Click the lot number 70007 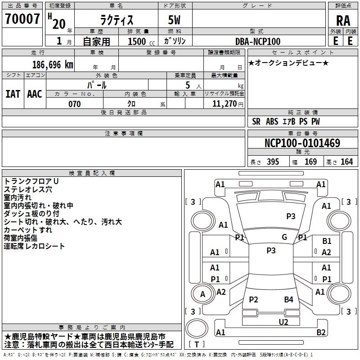point(22,19)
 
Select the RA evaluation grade point(343,21)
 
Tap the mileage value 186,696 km point(53,65)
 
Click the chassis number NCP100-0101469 point(302,143)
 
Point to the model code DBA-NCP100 point(258,41)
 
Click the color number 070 point(75,104)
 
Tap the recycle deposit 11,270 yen point(228,104)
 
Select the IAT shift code point(13,94)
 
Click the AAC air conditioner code point(35,94)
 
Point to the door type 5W point(174,20)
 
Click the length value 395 point(273,162)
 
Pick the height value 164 point(346,162)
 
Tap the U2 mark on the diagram point(283,322)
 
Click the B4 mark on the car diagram point(288,299)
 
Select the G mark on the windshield point(284,237)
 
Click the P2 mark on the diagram point(253,299)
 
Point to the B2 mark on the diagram point(321,332)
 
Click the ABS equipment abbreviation point(272,121)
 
